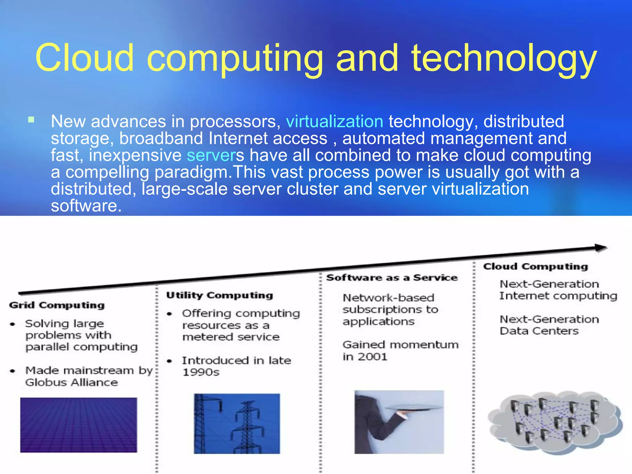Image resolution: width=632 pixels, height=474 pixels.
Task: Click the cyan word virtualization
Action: pos(335,122)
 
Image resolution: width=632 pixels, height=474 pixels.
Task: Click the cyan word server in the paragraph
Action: pos(211,155)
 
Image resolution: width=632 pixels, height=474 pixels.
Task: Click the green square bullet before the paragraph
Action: pos(31,120)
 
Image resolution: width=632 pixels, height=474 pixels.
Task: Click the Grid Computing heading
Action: pos(57,305)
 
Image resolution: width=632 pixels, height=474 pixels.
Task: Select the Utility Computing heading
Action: pos(219,295)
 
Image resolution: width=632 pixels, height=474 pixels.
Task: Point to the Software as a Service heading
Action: pos(392,277)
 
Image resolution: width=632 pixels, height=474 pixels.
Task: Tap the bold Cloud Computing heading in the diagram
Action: pos(535,266)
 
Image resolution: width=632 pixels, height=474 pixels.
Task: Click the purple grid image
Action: pos(79,425)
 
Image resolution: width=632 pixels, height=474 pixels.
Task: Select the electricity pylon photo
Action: pos(237,423)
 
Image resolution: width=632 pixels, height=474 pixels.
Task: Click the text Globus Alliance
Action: pos(72,383)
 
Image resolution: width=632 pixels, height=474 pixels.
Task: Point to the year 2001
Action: pos(372,357)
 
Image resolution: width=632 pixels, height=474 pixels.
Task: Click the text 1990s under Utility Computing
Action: pos(201,372)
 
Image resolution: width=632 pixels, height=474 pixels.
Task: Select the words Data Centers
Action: pos(539,331)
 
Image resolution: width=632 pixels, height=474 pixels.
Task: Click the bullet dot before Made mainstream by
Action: pos(13,371)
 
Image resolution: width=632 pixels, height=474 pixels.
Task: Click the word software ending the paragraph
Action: pos(84,206)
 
